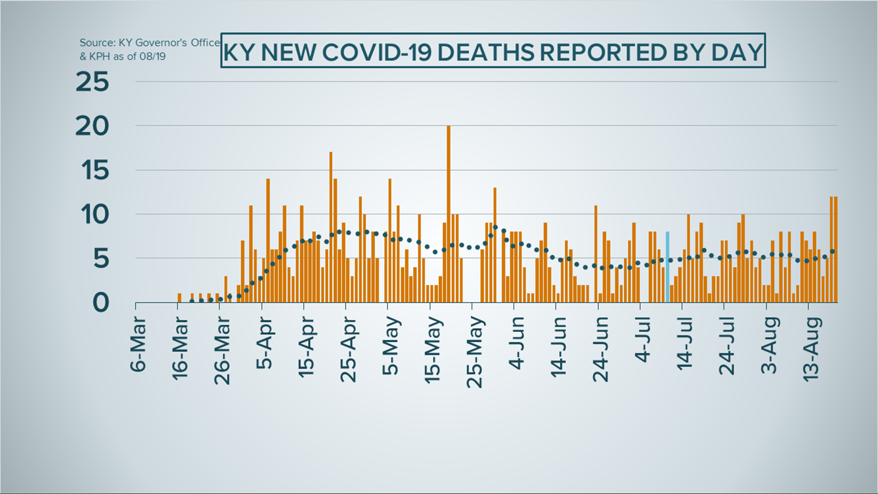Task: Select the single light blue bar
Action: pos(668,267)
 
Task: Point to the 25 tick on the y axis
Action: pos(92,82)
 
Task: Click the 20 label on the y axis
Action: pos(92,126)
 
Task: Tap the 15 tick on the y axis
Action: pos(95,171)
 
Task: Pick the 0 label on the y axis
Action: pos(101,303)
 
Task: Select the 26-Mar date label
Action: pos(222,350)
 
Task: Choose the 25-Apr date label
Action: pos(348,350)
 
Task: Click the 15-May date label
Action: pos(433,350)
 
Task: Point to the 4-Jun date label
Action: pos(517,344)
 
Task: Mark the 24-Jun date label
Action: pos(601,349)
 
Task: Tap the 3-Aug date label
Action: pos(770,345)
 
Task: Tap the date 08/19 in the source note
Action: pos(153,57)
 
